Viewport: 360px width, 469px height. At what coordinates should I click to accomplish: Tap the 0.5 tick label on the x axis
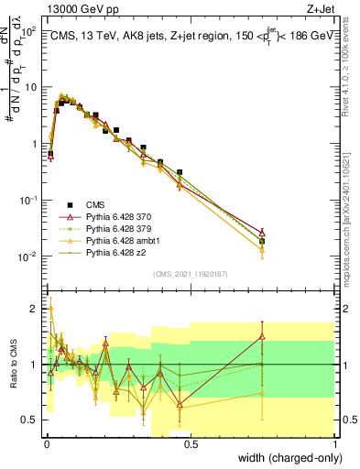191,443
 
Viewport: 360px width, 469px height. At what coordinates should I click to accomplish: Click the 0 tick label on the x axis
47,443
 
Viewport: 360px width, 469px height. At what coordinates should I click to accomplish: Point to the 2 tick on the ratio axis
36,309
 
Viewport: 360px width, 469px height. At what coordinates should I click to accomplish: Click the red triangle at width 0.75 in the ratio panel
263,336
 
